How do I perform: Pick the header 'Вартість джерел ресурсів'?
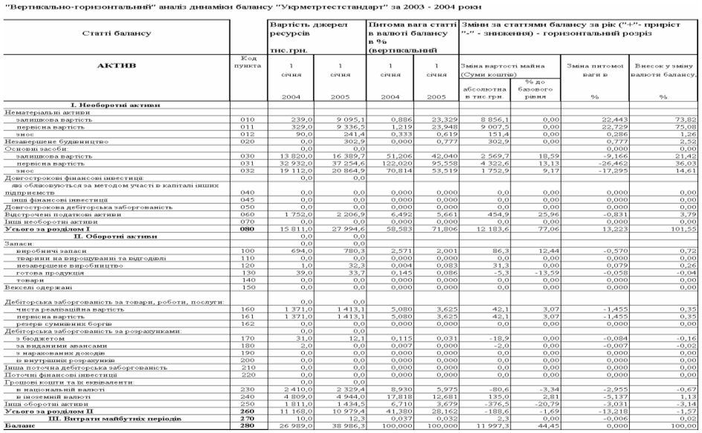(x=306, y=28)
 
